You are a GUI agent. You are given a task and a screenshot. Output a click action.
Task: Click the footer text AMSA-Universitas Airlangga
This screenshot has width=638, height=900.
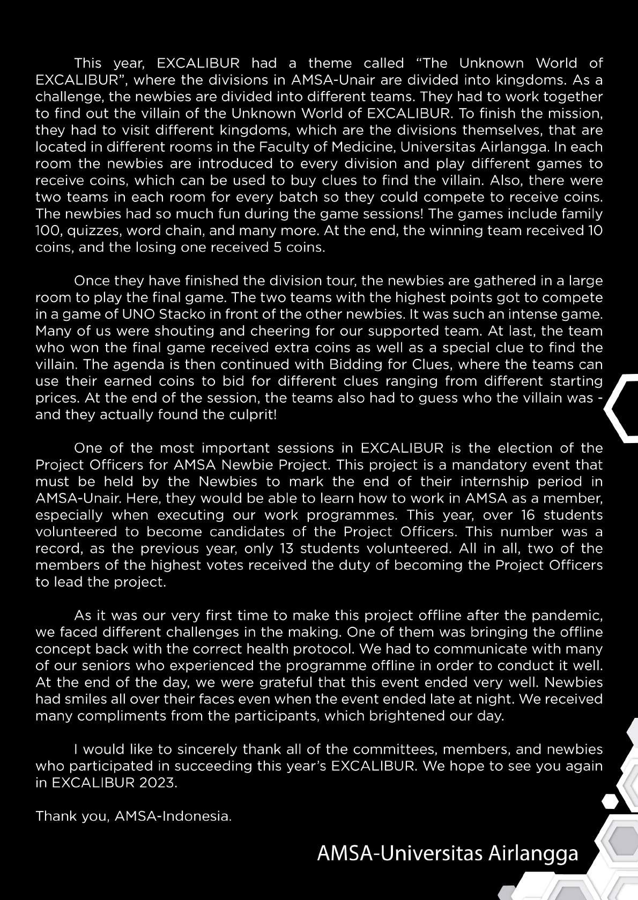(x=448, y=853)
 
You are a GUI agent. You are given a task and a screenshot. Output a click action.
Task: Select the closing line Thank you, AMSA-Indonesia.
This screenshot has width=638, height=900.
(x=133, y=816)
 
